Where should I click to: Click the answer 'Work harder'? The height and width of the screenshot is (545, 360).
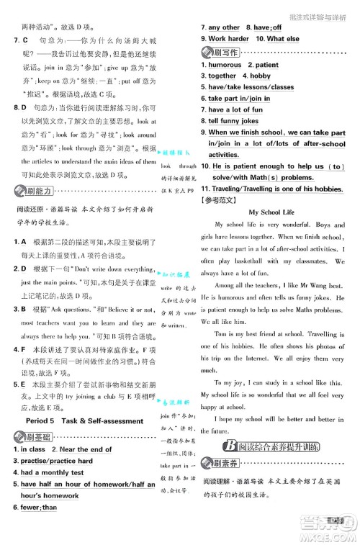tap(228, 38)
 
